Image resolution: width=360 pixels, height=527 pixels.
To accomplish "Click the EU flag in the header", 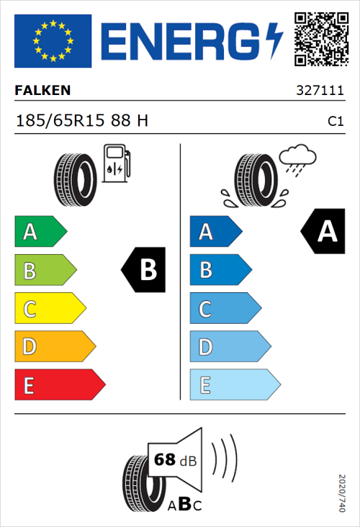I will (x=53, y=40).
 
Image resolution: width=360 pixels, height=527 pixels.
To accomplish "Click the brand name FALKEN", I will (x=43, y=91).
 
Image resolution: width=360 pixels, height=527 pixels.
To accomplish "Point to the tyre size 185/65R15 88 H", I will (x=82, y=120).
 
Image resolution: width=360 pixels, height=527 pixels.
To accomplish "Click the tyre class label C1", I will (x=335, y=121).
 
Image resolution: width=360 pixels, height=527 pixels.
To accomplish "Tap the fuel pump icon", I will (x=115, y=163).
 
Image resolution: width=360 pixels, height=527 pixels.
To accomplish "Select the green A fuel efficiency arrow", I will (x=40, y=232).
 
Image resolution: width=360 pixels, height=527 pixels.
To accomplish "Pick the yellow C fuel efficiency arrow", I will (x=50, y=309).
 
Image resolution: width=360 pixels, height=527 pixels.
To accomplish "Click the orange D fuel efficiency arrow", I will (x=54, y=347).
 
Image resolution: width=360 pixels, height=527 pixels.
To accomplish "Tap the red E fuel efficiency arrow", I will (x=59, y=385).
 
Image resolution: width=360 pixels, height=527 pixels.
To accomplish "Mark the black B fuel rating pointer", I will (x=144, y=270).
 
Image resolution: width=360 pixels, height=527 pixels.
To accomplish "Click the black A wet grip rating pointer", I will (x=323, y=232).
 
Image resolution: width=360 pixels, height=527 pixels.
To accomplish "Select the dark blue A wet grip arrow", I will (x=215, y=232).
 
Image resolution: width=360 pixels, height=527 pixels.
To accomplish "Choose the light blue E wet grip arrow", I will (x=234, y=385).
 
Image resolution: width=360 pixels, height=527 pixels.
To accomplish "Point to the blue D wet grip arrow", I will (x=229, y=347).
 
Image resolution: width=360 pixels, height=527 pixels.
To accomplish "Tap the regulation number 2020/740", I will (x=341, y=492).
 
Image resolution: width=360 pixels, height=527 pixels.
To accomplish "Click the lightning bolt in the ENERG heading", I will (x=274, y=40).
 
